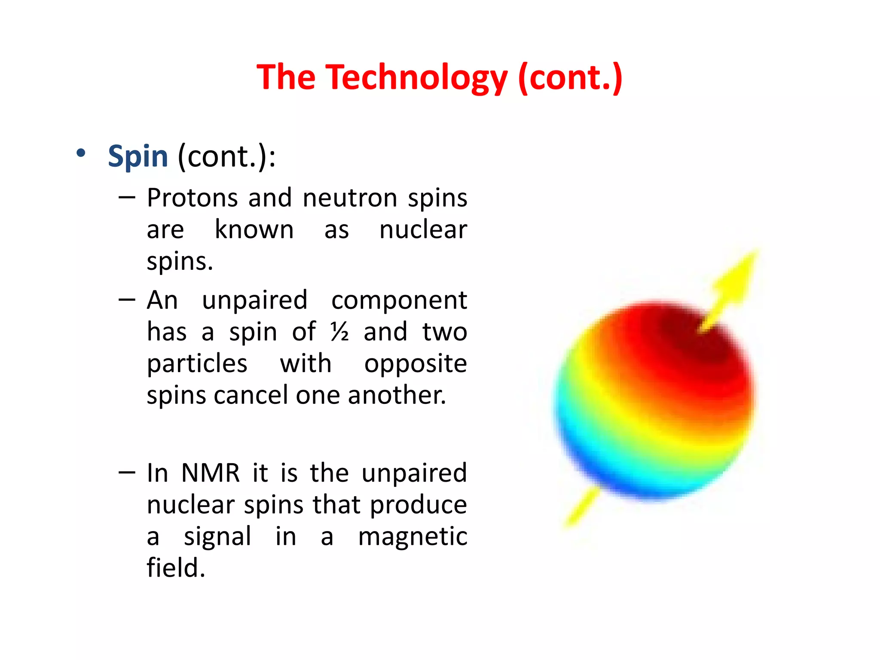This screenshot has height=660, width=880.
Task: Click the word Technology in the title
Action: (416, 77)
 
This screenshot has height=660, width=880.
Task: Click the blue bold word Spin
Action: (137, 156)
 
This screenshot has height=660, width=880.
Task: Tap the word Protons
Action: (192, 198)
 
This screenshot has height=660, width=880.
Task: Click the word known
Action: (254, 229)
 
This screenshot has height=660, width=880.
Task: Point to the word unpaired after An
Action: (254, 300)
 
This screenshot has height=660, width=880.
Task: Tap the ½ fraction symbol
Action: (339, 332)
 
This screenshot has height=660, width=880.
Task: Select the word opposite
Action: (415, 364)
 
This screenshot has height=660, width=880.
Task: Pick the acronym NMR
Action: (210, 473)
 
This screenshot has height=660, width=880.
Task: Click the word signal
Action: (217, 537)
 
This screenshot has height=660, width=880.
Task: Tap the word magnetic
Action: (412, 537)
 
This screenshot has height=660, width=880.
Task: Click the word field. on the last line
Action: (176, 568)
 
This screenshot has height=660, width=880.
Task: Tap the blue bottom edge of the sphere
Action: (645, 490)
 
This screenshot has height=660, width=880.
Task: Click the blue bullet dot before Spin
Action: (81, 153)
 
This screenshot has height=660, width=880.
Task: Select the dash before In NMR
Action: (127, 473)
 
